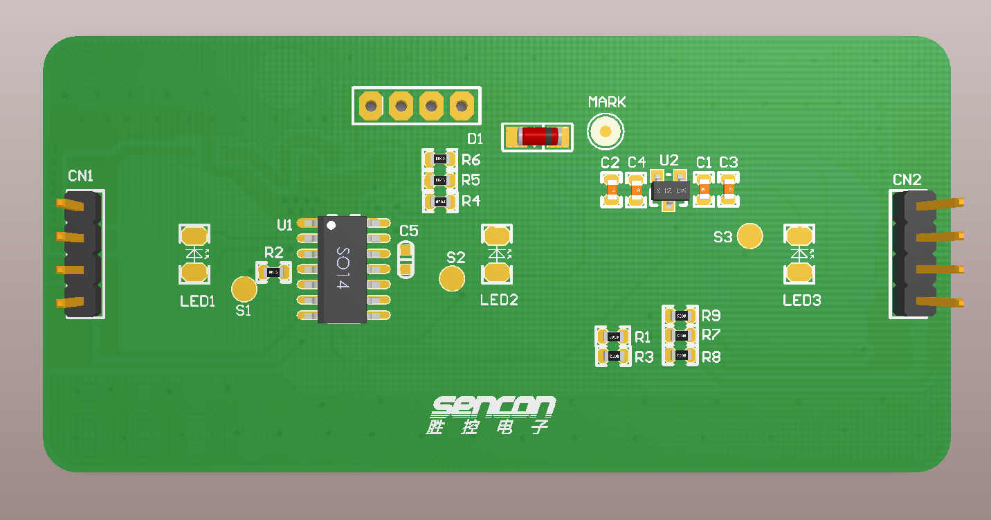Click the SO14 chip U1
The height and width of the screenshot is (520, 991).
pos(342,269)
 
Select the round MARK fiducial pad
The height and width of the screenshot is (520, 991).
pos(606,131)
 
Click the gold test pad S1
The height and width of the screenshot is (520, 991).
pos(244,289)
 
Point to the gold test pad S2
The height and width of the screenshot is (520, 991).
pos(452,278)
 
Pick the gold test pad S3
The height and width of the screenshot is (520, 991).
pos(749,236)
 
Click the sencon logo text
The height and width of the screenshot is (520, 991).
pos(493,406)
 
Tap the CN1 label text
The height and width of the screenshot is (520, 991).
pos(80,176)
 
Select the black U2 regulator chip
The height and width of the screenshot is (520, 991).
pos(669,190)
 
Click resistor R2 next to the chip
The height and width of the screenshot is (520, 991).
pos(274,272)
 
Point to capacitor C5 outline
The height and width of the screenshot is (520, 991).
pos(406,258)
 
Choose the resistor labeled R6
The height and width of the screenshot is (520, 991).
pos(439,159)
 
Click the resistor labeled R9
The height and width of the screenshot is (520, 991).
pos(680,316)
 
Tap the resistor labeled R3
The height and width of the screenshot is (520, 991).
pos(613,356)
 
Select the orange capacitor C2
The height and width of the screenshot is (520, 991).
pos(612,190)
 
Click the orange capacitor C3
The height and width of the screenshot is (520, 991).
pos(729,189)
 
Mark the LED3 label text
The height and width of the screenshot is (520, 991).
pos(801,301)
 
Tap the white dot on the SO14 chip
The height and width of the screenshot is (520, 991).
pos(331,226)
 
